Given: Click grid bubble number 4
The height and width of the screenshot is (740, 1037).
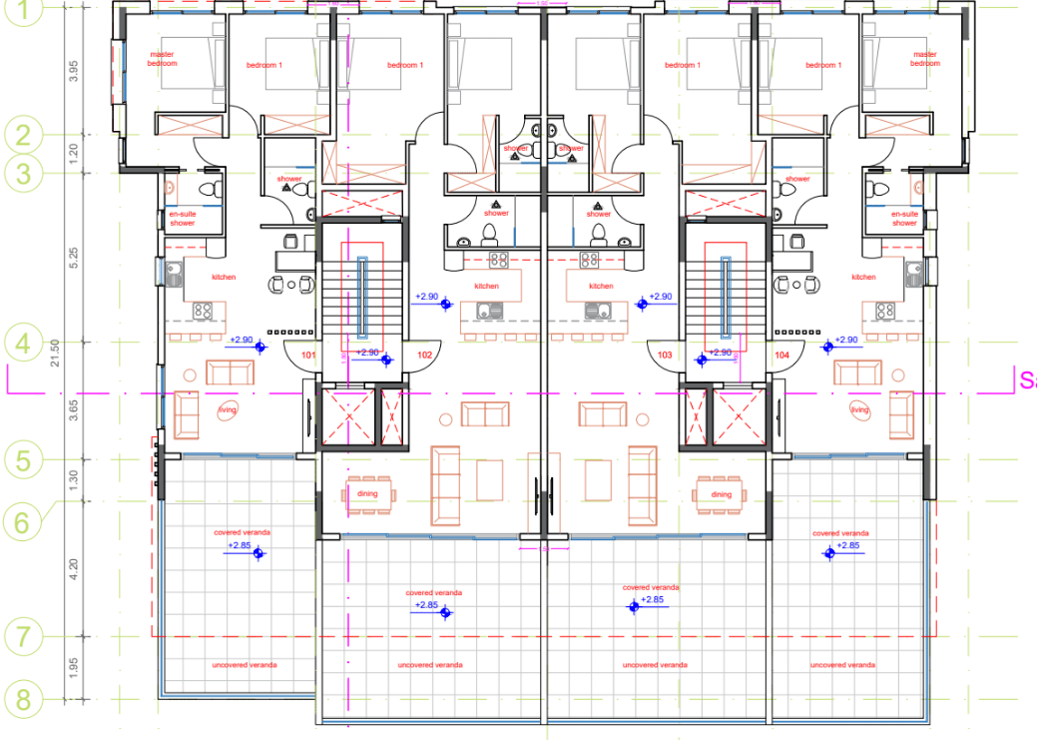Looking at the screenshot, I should tap(22, 344).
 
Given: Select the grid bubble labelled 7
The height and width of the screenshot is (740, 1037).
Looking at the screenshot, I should tap(22, 635).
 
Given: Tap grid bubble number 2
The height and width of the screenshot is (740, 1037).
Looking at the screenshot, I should tap(22, 135).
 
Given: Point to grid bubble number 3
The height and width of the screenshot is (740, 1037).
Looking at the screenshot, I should tap(22, 173).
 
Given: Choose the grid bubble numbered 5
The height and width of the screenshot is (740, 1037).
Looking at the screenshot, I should tap(22, 460).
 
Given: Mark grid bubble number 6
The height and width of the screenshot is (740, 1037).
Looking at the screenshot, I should tap(22, 520).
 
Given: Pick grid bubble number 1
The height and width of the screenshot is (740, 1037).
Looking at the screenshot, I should tap(22, 12).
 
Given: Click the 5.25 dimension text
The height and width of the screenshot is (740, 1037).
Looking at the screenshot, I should tap(73, 259).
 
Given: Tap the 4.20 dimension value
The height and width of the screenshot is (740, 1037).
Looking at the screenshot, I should tap(73, 569).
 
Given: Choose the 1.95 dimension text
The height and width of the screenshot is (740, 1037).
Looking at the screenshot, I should tap(73, 667).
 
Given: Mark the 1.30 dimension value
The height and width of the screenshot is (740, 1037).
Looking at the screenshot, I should tap(73, 480).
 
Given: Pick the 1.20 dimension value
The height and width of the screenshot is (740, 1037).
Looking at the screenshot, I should tap(73, 154).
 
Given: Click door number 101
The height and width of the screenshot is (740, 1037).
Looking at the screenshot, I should tap(308, 355).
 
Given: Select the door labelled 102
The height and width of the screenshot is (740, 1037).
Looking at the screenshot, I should tap(424, 355).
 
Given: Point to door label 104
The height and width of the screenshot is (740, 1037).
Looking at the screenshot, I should tap(781, 355).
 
